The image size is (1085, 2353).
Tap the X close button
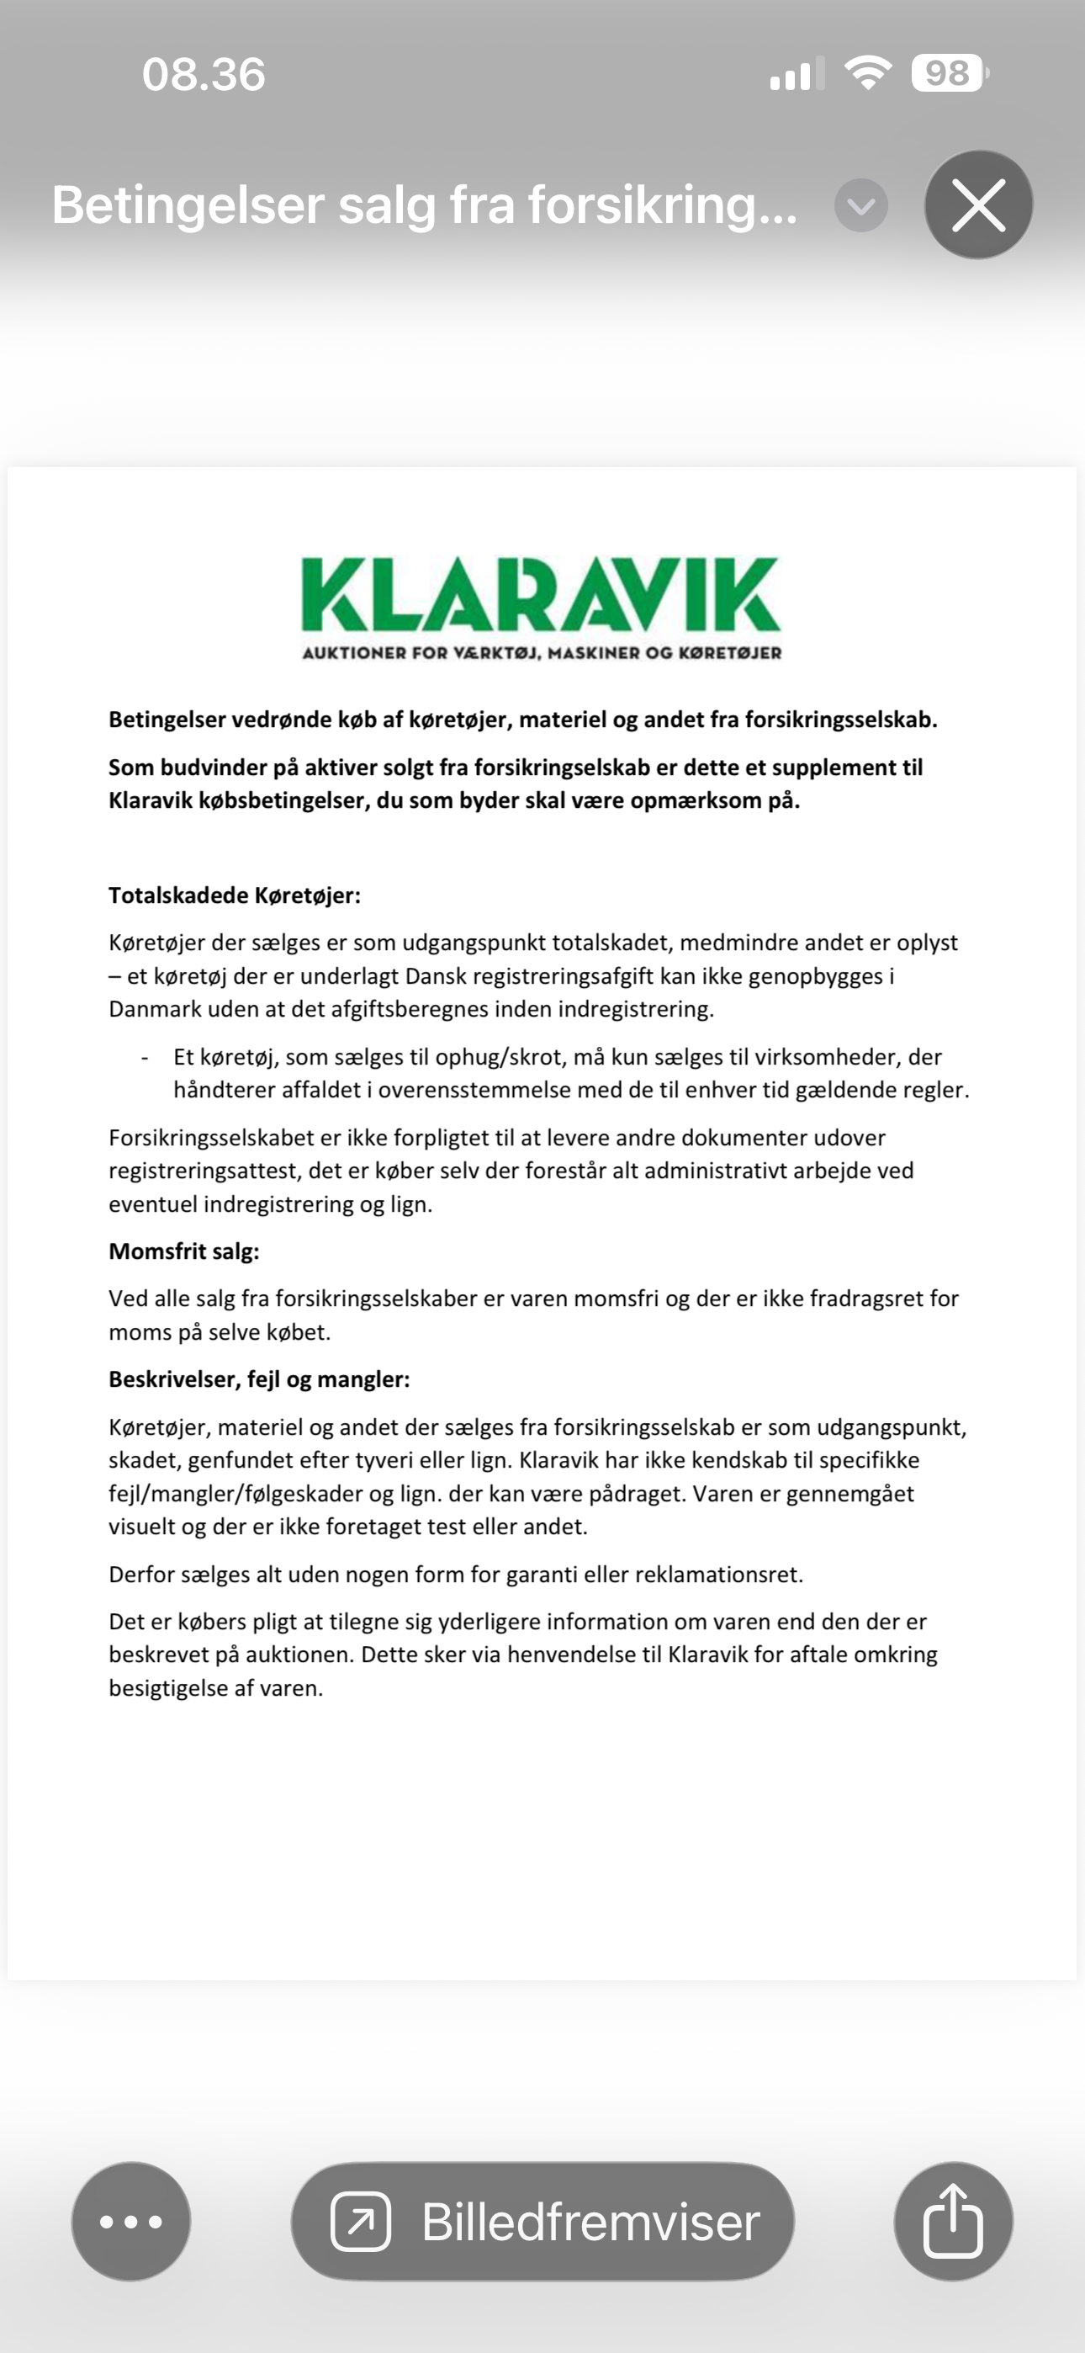click(978, 204)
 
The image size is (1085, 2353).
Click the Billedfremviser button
click(542, 2222)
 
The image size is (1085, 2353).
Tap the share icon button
click(954, 2222)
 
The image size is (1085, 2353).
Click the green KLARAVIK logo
click(541, 594)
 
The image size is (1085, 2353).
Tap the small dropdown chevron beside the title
click(860, 205)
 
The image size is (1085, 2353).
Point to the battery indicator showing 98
click(948, 73)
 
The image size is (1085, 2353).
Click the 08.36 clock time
click(204, 74)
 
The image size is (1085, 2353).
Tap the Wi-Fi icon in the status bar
click(868, 72)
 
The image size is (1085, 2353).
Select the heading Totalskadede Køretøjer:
click(235, 895)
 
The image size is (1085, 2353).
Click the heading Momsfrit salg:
click(183, 1251)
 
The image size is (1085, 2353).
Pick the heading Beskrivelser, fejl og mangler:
click(259, 1379)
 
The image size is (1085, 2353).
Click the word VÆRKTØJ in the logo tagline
click(498, 653)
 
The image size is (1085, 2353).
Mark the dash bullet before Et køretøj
click(145, 1058)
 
